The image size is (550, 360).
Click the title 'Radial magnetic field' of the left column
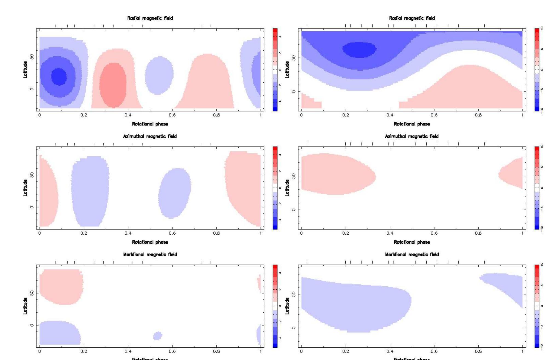(150, 18)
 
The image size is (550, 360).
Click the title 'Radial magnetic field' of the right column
(412, 18)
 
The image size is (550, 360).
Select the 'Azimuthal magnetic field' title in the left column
(150, 136)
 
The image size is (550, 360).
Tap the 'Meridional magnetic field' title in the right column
(412, 255)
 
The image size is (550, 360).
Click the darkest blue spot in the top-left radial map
(59, 76)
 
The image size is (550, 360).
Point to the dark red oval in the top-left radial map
(113, 85)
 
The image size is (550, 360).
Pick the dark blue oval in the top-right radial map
(359, 50)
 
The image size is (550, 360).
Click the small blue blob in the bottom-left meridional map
(158, 336)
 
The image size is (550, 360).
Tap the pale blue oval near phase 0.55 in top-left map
(159, 75)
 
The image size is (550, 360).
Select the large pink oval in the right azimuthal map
(337, 174)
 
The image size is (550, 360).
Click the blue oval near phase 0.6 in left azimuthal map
(174, 193)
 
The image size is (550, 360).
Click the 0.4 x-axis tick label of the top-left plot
(128, 115)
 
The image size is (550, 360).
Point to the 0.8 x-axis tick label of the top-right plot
(478, 115)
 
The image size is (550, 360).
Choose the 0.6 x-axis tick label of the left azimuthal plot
(172, 233)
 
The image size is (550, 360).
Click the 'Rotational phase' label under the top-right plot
(412, 124)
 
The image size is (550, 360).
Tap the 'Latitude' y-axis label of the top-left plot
(25, 70)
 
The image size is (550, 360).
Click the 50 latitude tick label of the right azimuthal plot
(294, 176)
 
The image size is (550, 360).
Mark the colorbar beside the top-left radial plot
(275, 70)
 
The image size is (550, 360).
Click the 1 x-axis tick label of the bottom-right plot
(522, 351)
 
